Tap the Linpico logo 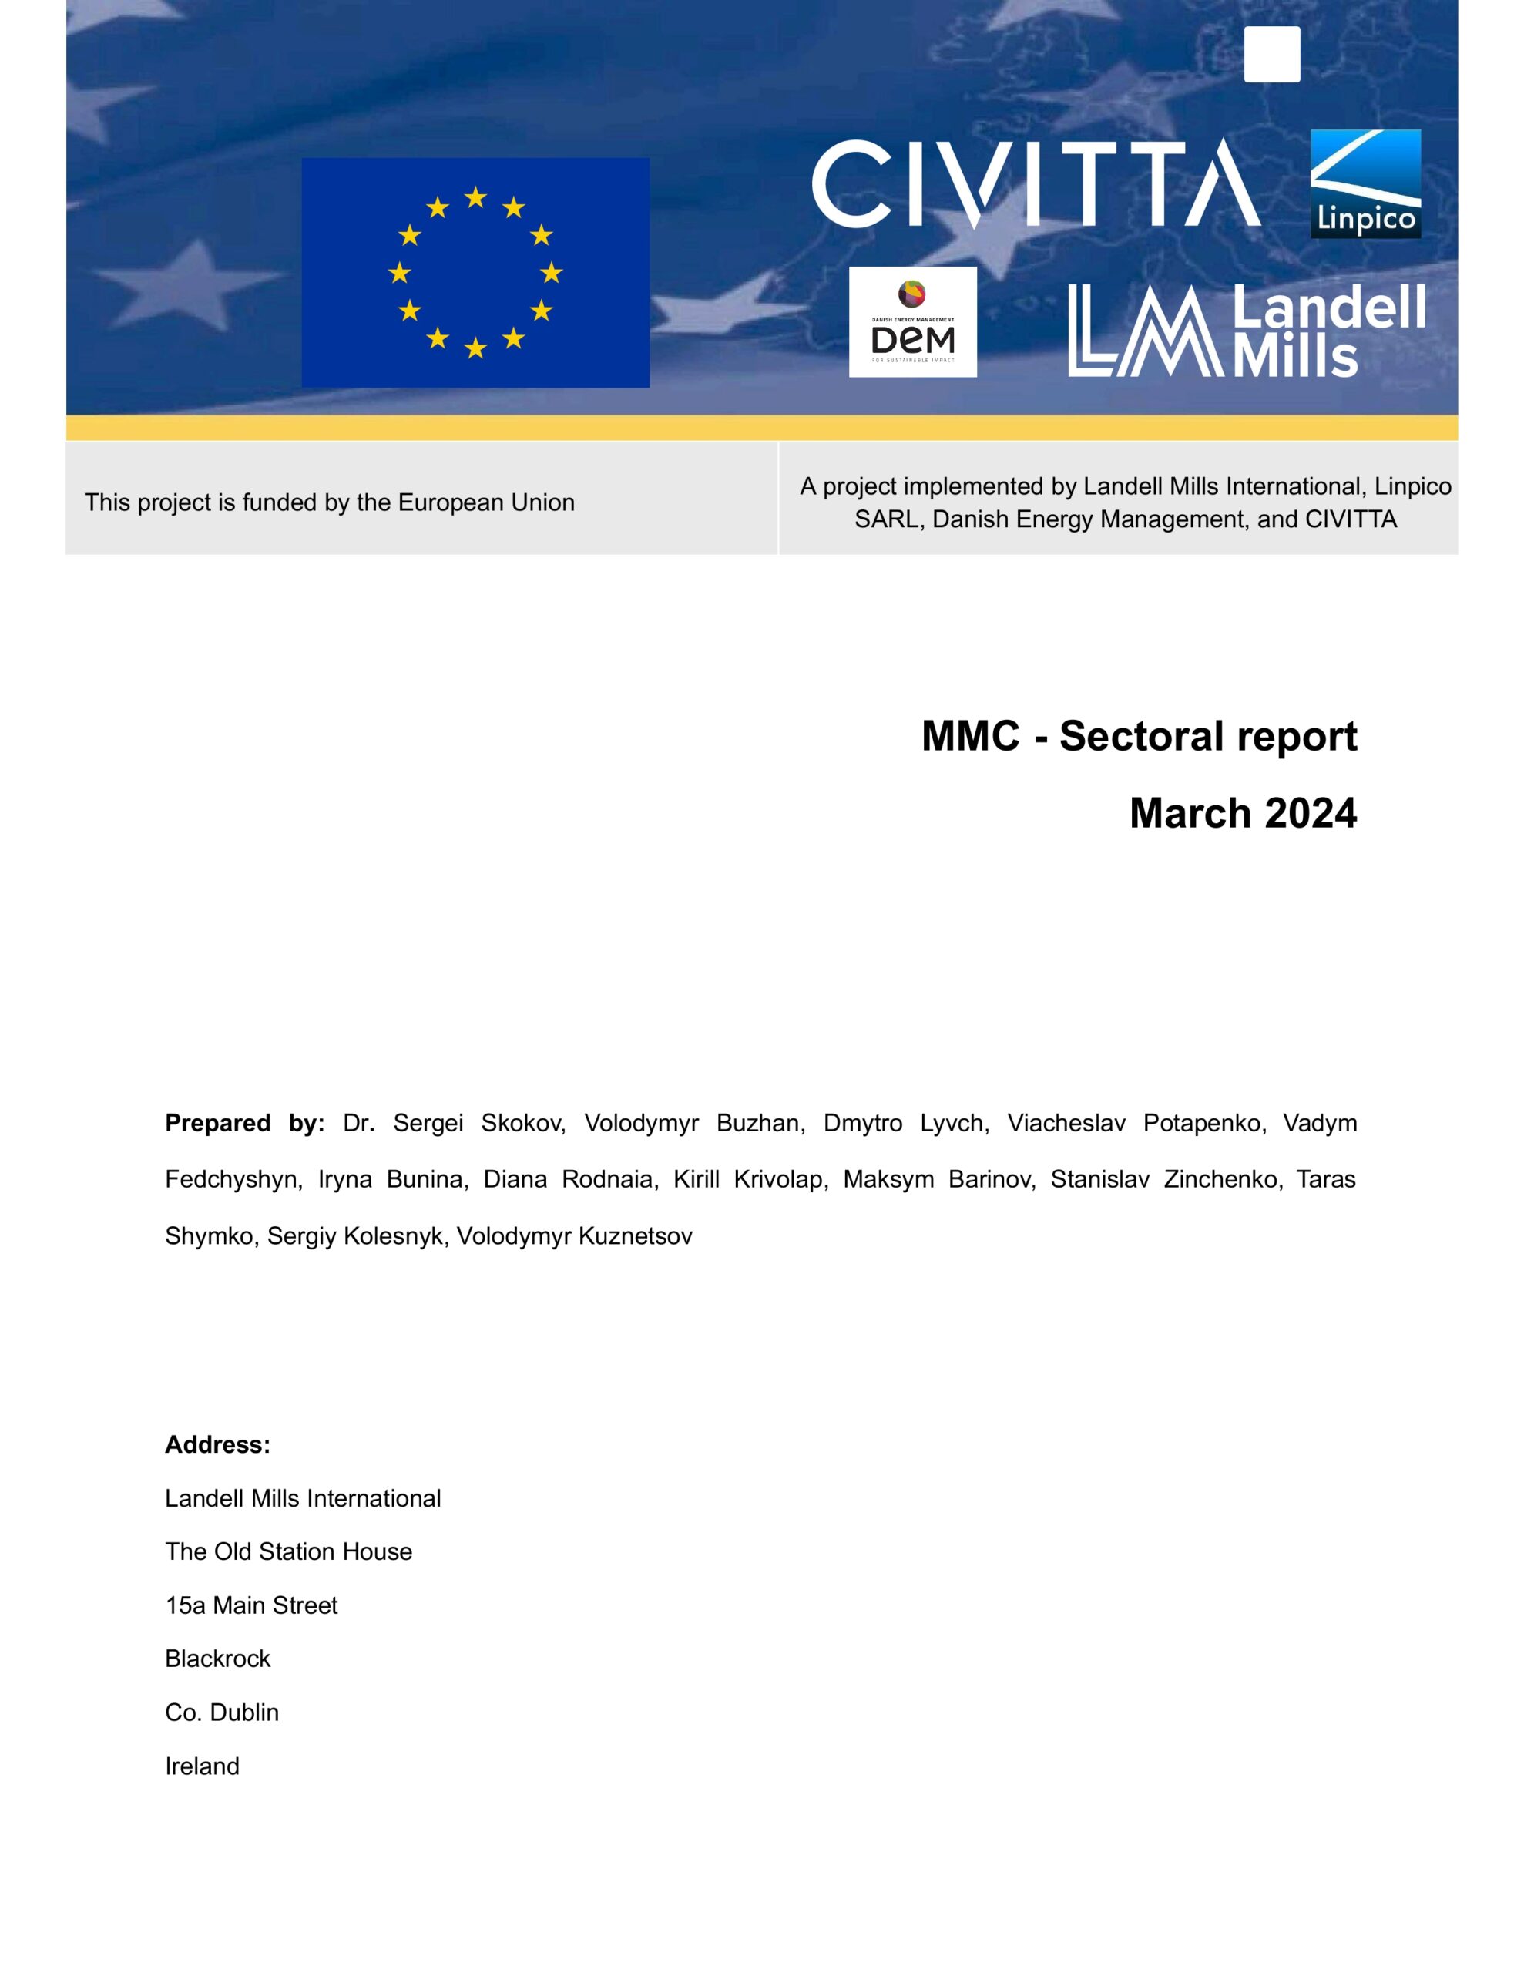tap(1365, 184)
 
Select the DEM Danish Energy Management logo tap(912, 321)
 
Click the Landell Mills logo tap(1246, 331)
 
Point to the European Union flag tap(475, 273)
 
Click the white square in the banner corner tap(1272, 54)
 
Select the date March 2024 tap(1242, 813)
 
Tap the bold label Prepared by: tap(244, 1123)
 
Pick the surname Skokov tap(523, 1123)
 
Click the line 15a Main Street tap(251, 1605)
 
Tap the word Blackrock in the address tap(218, 1659)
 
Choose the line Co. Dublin tap(222, 1712)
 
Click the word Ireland tap(203, 1766)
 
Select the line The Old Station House tap(288, 1551)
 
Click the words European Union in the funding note tap(486, 502)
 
